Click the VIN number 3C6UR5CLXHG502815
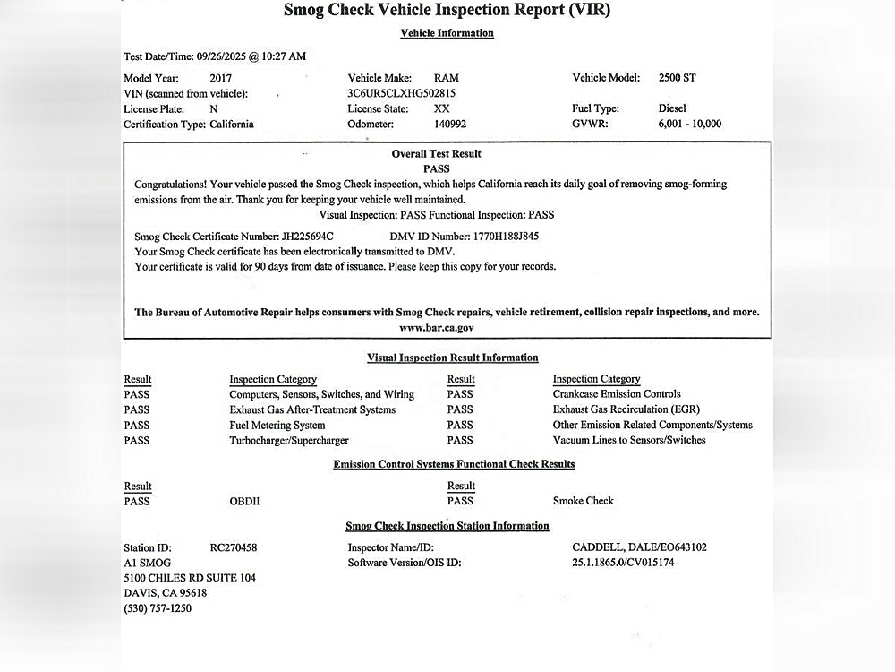(x=402, y=93)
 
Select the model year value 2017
(x=220, y=78)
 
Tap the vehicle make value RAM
(x=446, y=78)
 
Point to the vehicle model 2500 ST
(x=677, y=78)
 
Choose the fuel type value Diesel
(x=672, y=108)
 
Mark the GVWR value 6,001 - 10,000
(x=689, y=125)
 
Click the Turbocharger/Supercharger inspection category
(x=289, y=441)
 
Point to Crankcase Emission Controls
(x=617, y=394)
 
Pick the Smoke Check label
(x=584, y=502)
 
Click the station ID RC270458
(x=234, y=547)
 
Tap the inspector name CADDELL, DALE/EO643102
(x=638, y=547)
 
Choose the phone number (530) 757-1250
(x=158, y=609)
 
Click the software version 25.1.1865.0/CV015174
(x=623, y=563)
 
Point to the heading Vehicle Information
(x=447, y=33)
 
